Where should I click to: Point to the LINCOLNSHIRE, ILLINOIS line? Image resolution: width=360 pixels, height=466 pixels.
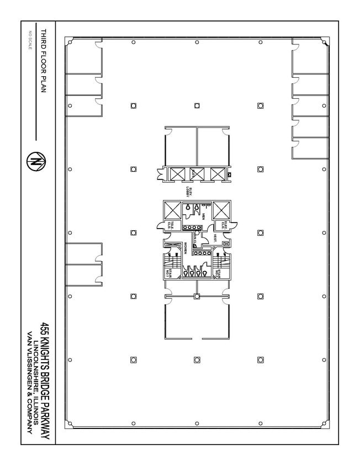(x=37, y=381)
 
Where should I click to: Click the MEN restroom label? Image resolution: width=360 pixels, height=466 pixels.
(x=203, y=215)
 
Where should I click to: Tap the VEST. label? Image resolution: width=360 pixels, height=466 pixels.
(x=214, y=238)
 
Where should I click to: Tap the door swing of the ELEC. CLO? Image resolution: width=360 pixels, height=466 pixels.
(x=234, y=224)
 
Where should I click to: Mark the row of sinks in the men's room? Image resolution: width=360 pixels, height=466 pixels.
(x=190, y=227)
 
